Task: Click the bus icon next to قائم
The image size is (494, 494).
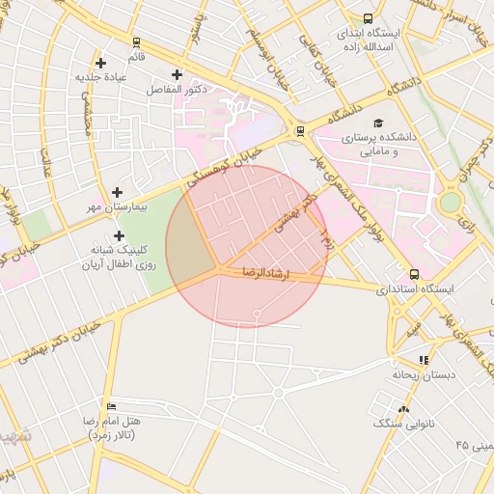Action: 136,42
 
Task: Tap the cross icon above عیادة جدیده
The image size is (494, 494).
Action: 100,64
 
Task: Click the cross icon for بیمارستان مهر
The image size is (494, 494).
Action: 118,193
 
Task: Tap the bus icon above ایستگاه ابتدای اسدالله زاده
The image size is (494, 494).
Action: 368,18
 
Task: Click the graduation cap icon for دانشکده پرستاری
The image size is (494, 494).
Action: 378,123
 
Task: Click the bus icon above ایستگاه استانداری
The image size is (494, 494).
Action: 414,274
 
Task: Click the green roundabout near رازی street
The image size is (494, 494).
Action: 449,203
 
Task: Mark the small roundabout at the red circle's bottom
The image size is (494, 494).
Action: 257,315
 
